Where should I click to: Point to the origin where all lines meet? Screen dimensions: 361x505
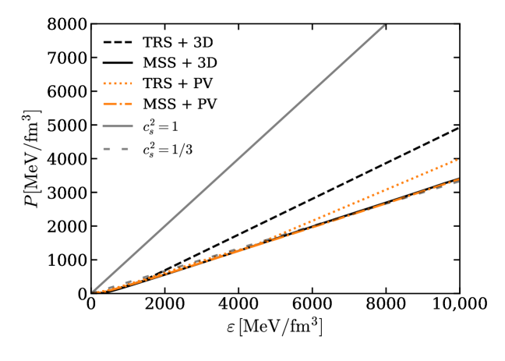tap(91, 292)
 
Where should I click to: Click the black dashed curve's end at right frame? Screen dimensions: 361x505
tap(458, 128)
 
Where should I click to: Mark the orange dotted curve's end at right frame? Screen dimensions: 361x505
tap(458, 159)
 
